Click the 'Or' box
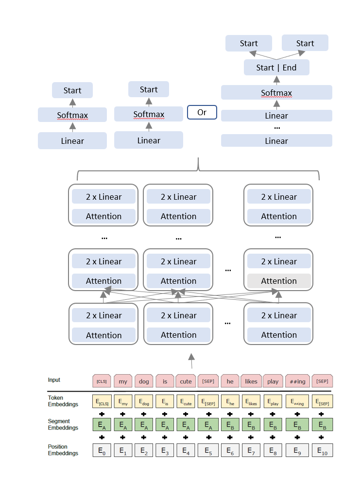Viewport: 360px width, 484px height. [x=202, y=112]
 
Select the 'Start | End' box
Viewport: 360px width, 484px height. [x=276, y=68]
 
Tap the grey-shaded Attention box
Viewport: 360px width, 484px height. [x=279, y=281]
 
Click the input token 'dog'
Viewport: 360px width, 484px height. [x=144, y=381]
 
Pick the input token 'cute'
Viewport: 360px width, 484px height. [x=186, y=381]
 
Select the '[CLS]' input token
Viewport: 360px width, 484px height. [x=102, y=381]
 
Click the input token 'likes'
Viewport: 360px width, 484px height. [x=251, y=381]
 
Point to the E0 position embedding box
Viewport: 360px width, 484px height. [x=102, y=450]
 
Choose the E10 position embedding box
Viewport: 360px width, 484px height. [x=322, y=450]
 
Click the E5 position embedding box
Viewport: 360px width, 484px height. [x=208, y=450]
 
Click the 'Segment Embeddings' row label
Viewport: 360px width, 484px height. [x=59, y=425]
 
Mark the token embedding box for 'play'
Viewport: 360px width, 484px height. [x=273, y=402]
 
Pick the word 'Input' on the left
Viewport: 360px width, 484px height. [x=54, y=380]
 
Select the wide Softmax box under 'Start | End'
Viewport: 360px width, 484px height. [x=276, y=93]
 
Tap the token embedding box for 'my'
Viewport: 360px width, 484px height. [x=123, y=402]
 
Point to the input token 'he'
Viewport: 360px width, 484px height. [x=230, y=381]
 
